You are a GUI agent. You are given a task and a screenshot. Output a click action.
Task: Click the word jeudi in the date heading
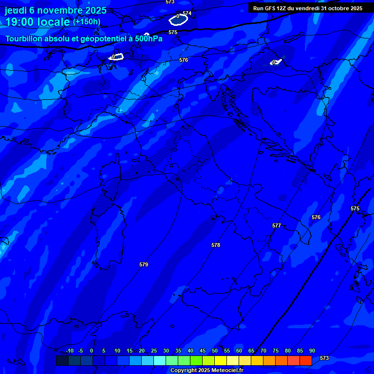click(16, 10)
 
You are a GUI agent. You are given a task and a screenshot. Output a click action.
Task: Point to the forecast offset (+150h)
click(87, 22)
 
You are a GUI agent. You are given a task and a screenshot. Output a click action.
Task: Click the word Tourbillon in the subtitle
click(23, 39)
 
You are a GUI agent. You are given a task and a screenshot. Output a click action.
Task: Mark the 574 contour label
click(187, 13)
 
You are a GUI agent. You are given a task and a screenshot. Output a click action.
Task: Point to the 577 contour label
click(277, 225)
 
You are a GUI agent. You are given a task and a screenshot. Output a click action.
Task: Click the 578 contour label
click(216, 245)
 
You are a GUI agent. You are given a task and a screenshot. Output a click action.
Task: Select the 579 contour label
click(144, 264)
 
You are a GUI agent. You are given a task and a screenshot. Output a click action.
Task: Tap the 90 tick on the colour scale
click(312, 351)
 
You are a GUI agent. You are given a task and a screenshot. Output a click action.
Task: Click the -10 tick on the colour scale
click(69, 351)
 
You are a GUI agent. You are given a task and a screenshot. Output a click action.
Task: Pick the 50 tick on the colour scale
click(215, 351)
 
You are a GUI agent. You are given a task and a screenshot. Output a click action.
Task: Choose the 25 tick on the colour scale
click(154, 351)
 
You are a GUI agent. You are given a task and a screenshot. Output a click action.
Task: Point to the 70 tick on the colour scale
click(263, 351)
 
